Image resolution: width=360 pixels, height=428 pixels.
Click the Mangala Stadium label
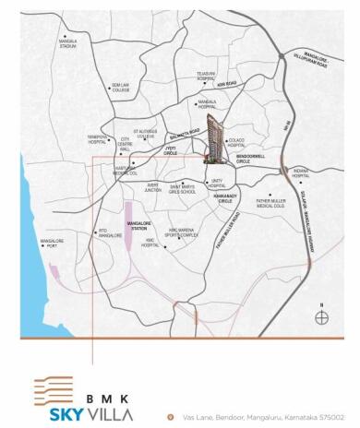click(x=68, y=43)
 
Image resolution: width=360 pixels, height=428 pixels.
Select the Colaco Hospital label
click(x=237, y=143)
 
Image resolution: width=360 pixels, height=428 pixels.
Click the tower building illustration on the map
click(x=215, y=138)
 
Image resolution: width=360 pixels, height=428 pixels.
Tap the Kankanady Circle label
click(x=225, y=198)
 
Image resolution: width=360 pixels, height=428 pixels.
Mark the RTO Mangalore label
click(x=110, y=234)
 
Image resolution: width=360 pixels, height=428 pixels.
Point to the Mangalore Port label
click(x=52, y=244)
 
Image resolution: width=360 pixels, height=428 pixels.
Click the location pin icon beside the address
click(x=171, y=416)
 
